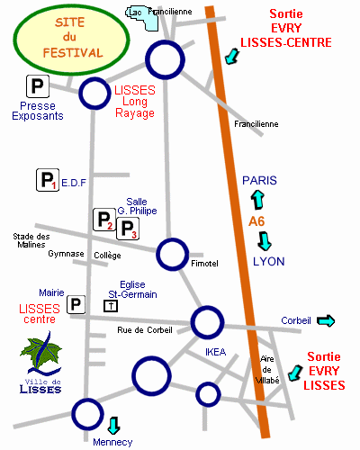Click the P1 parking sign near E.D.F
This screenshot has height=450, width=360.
coord(48,180)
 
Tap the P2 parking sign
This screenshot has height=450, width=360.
coord(104,220)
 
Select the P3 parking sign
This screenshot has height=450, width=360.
coord(128,229)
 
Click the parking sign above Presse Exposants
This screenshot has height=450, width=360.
coord(38,86)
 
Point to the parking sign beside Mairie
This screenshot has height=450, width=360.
coord(76,304)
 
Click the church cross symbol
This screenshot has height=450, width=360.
coord(111,306)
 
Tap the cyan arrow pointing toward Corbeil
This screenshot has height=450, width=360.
coord(326,321)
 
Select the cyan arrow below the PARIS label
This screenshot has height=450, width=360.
coord(257,200)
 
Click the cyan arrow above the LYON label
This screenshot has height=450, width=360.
coord(265,241)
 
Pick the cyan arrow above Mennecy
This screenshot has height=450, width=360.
coord(113,426)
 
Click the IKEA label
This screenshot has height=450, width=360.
coord(216,352)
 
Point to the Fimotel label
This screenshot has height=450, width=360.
coord(204,264)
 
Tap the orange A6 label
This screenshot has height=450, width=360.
coord(256,221)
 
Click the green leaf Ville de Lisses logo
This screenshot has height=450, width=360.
coord(40,363)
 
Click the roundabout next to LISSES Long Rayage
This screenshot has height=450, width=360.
coord(94,94)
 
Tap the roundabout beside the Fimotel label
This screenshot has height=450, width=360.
coord(173,255)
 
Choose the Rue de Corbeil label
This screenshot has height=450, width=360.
coord(145,330)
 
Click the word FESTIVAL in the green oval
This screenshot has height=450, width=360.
coord(73,53)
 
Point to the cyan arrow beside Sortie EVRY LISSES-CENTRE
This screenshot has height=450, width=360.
coord(232,57)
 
